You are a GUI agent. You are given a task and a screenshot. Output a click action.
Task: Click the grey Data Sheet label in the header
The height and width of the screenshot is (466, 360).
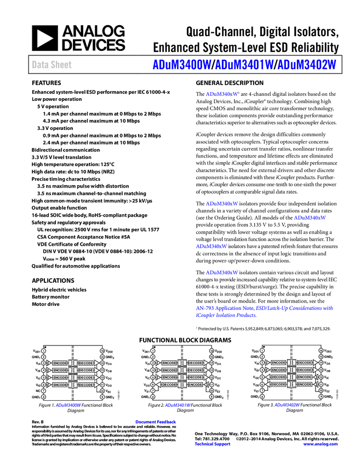[52, 65]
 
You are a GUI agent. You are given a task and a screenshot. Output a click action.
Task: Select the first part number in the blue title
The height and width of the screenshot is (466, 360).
[181, 65]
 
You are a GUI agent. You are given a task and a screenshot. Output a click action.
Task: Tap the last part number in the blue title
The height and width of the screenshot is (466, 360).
[307, 65]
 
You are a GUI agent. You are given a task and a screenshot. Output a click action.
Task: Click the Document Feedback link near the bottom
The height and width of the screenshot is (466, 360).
[156, 422]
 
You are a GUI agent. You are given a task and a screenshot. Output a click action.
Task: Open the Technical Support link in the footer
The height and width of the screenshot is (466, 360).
[213, 444]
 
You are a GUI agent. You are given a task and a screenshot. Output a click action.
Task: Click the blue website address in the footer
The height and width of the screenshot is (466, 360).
[320, 444]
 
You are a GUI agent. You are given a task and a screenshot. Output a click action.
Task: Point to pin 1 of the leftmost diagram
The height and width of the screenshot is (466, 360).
[43, 350]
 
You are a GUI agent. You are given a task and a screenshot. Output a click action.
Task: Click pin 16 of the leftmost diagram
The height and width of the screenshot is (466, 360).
[102, 350]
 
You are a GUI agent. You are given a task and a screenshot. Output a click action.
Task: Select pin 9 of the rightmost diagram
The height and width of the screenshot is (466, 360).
[321, 396]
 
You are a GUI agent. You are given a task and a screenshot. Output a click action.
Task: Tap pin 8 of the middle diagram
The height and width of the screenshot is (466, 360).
[153, 396]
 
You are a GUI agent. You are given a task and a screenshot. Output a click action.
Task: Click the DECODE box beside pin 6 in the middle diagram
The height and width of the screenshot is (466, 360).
[169, 385]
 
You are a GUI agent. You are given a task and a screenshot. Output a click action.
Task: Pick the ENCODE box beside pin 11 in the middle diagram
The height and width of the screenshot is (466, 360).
[195, 385]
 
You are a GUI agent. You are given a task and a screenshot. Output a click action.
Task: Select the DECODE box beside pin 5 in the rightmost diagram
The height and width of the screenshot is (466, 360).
[278, 377]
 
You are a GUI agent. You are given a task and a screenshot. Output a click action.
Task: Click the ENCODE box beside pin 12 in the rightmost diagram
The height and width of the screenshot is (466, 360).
[305, 377]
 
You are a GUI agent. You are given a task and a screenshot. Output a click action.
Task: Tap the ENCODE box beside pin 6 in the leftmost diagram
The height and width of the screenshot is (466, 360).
[60, 385]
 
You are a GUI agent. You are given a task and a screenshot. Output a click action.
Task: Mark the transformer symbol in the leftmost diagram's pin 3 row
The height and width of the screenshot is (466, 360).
[73, 363]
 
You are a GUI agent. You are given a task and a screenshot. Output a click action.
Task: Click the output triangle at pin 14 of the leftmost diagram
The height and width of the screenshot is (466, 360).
[97, 363]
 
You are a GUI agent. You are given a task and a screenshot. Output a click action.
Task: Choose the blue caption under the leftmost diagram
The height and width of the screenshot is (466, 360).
[68, 406]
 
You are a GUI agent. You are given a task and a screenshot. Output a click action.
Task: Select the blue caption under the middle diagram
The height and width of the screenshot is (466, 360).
[178, 406]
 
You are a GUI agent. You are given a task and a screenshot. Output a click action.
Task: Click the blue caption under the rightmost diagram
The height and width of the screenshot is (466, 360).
[287, 406]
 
